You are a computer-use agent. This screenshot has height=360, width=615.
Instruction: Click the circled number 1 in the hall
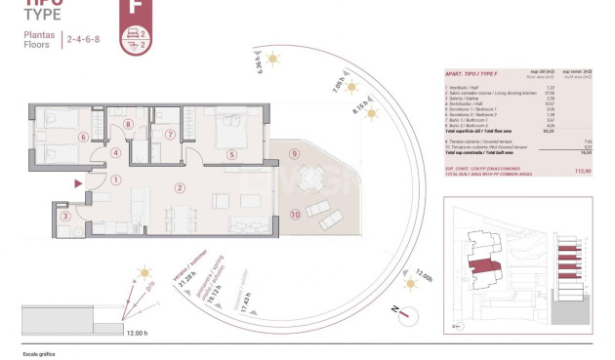pos(115,180)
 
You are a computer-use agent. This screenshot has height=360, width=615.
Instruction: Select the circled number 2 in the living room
pos(179,187)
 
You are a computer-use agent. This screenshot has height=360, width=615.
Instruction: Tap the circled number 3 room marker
pos(64,217)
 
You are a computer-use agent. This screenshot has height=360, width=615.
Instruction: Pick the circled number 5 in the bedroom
pos(231,154)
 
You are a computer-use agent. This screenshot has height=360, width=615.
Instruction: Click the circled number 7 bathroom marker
pos(169,135)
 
